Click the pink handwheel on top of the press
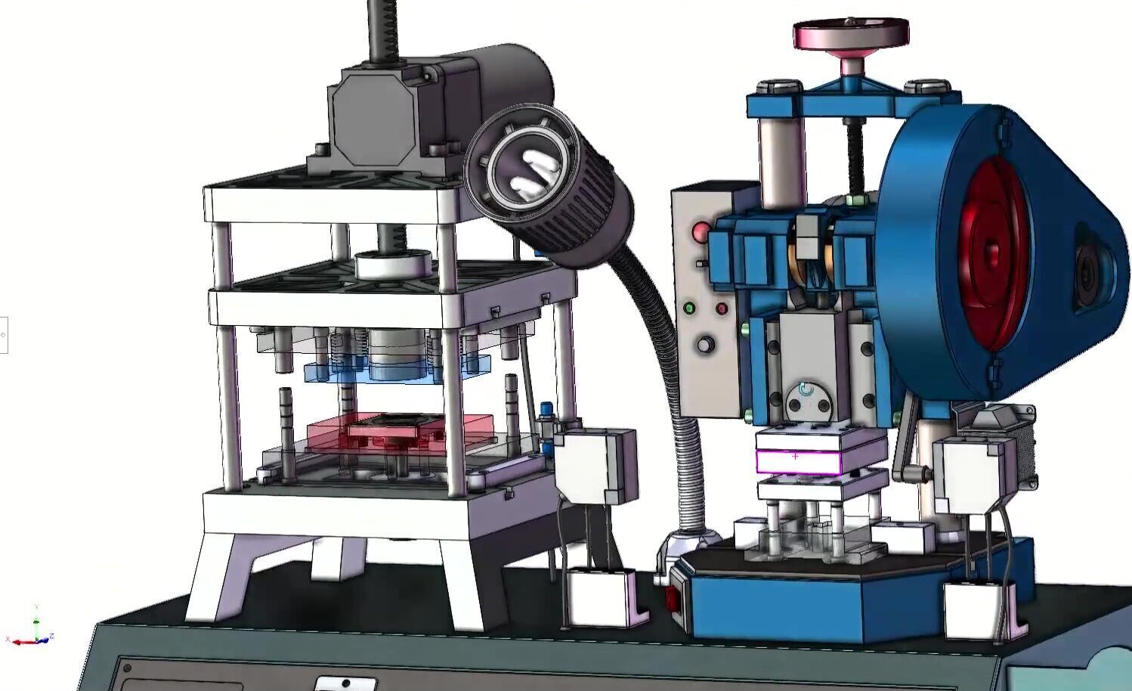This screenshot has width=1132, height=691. point(850,33)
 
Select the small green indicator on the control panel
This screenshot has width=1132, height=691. point(689,308)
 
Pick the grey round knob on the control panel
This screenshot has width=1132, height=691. point(706,345)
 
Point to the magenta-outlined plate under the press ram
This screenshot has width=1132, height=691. point(799,461)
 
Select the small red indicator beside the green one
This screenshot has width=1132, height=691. point(722,308)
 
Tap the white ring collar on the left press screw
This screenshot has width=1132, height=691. point(392,265)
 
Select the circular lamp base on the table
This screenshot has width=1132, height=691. point(688,540)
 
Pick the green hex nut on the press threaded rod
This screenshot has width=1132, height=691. point(857,200)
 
